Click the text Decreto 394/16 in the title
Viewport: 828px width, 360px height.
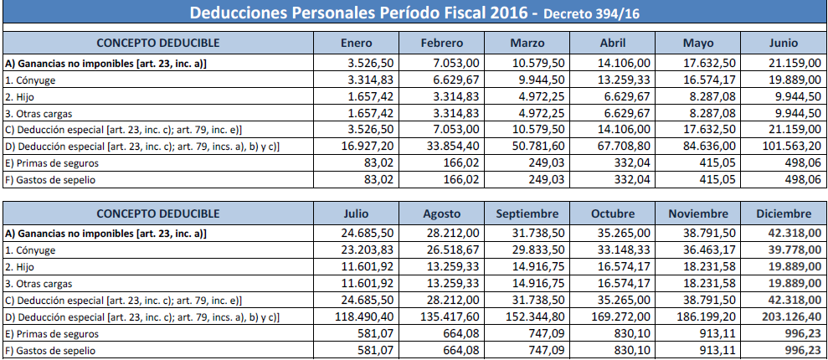pyautogui.click(x=589, y=13)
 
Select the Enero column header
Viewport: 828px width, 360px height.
pyautogui.click(x=357, y=44)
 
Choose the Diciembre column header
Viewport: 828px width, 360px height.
pyautogui.click(x=782, y=213)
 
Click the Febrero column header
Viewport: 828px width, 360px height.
pyautogui.click(x=443, y=44)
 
